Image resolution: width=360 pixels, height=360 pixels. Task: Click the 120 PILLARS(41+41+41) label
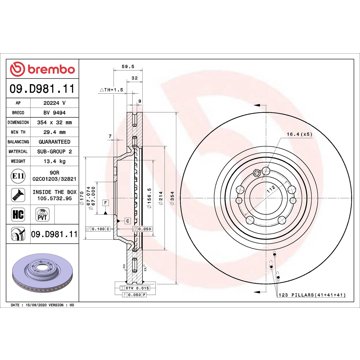(301, 296)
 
